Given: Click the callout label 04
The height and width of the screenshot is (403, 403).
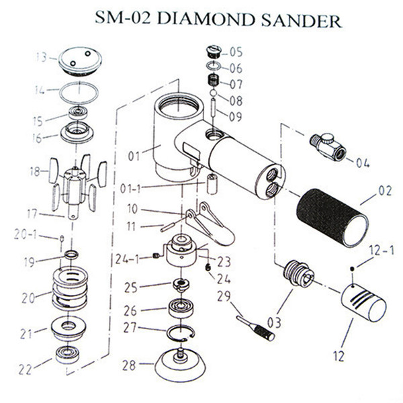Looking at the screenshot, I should [362, 162].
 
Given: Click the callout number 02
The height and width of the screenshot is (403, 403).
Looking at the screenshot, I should [384, 191].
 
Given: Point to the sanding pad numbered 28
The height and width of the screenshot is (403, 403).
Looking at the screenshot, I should [180, 365].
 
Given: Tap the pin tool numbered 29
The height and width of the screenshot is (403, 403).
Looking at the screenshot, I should [255, 325].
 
